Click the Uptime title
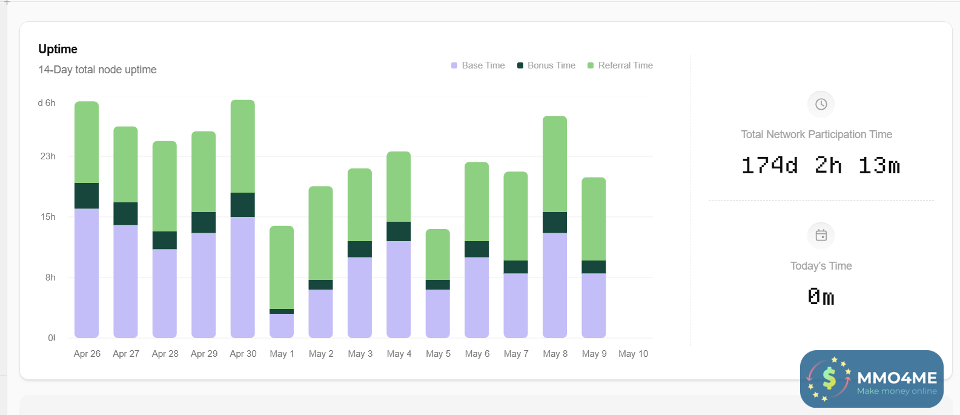(x=58, y=49)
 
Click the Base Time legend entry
(x=478, y=65)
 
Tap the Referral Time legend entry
(x=620, y=65)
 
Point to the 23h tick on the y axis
(x=48, y=156)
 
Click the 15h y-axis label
(x=48, y=217)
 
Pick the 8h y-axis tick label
(x=50, y=277)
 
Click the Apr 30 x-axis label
(x=243, y=354)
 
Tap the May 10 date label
(x=633, y=354)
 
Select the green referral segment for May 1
(x=282, y=267)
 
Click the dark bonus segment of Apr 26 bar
(x=87, y=196)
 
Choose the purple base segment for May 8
(x=555, y=285)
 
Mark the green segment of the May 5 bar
(x=438, y=254)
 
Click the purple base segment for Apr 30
(x=243, y=277)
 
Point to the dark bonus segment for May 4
(x=399, y=231)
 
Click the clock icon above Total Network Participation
(x=821, y=104)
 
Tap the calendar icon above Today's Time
(x=821, y=236)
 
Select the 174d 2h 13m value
(x=821, y=165)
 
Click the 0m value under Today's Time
(x=821, y=297)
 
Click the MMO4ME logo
(x=872, y=379)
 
